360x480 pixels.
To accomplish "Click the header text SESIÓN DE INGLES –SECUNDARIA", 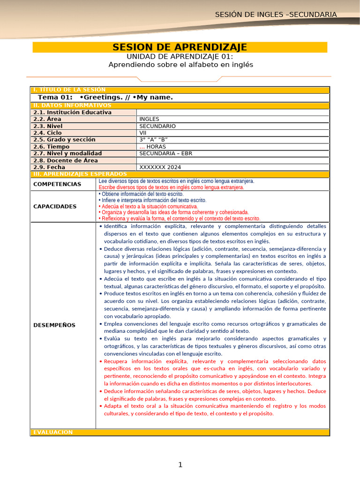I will click(x=276, y=15).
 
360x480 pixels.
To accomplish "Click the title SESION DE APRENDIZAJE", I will click(x=180, y=47).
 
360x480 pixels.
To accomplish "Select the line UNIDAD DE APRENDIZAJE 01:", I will click(x=180, y=56).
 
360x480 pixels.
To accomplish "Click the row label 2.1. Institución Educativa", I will click(x=72, y=112).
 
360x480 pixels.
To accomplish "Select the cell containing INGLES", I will click(x=150, y=119).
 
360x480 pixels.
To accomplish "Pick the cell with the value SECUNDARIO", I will click(x=157, y=126).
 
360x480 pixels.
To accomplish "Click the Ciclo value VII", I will click(x=143, y=133).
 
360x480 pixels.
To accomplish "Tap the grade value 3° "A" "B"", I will click(x=153, y=140).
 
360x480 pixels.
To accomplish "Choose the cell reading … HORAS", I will click(x=152, y=147).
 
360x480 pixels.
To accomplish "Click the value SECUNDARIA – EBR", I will click(x=165, y=153).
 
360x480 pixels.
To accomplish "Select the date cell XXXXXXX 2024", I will click(x=160, y=167).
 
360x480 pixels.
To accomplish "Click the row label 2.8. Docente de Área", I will click(x=66, y=160).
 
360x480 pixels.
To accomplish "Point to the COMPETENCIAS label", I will click(x=57, y=184).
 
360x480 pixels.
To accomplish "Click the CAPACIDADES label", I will click(x=55, y=206).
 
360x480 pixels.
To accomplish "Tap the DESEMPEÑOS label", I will click(x=54, y=325).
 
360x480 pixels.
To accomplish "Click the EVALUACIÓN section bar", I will click(x=53, y=432).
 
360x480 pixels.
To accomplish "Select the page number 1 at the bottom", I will click(x=180, y=465).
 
